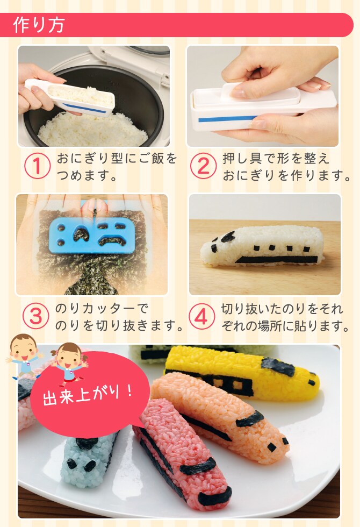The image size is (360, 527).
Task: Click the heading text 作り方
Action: (x=39, y=25)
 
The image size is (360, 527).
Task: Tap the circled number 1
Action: (x=37, y=166)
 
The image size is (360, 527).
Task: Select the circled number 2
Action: (x=204, y=166)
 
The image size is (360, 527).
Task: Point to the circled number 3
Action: (x=35, y=317)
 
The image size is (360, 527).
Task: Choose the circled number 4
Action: (x=201, y=317)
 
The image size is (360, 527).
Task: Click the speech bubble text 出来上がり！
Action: (x=88, y=394)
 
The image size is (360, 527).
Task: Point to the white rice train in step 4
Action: (x=262, y=248)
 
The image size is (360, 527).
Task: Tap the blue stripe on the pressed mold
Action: (x=228, y=119)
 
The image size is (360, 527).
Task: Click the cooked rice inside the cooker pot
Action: (x=92, y=130)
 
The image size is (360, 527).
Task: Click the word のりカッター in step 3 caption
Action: (x=96, y=308)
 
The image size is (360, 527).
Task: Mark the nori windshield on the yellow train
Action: (x=278, y=366)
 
